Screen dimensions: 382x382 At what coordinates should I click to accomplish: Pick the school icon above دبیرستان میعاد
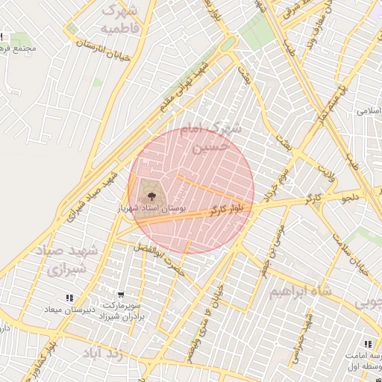coord(69,298)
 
